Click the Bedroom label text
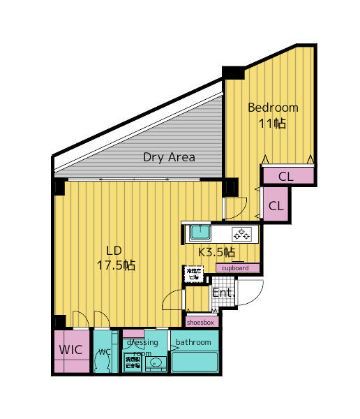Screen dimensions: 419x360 tap(273, 108)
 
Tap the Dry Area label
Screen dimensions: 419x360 tap(169, 157)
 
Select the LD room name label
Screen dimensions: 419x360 tap(114, 251)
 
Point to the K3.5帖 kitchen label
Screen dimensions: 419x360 tap(216, 252)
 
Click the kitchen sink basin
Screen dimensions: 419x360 tap(201, 232)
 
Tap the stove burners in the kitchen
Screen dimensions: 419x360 tap(241, 233)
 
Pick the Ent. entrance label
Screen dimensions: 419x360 tap(222, 293)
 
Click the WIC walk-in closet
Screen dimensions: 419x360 tap(71, 349)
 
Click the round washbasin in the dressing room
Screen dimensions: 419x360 tap(157, 362)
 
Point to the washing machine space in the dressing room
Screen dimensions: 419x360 tap(132, 361)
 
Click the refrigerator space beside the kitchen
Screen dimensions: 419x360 tap(192, 274)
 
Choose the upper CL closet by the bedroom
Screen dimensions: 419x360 tap(286, 176)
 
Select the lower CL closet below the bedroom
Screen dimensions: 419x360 tap(276, 206)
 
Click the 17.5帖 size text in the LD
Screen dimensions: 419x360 tap(115, 265)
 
